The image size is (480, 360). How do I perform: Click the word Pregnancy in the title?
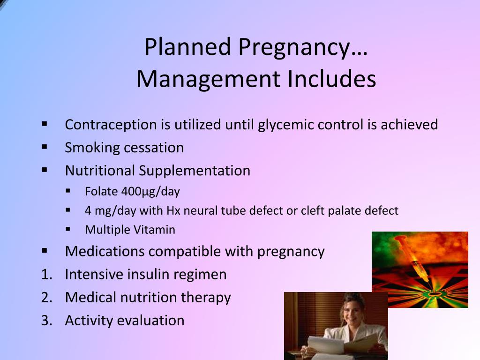click(302, 47)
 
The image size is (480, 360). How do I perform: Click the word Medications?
click(105, 251)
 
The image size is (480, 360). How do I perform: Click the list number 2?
click(45, 297)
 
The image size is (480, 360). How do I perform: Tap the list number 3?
click(45, 320)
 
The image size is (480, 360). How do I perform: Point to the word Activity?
click(89, 321)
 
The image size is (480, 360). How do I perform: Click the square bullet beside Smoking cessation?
click(45, 147)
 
